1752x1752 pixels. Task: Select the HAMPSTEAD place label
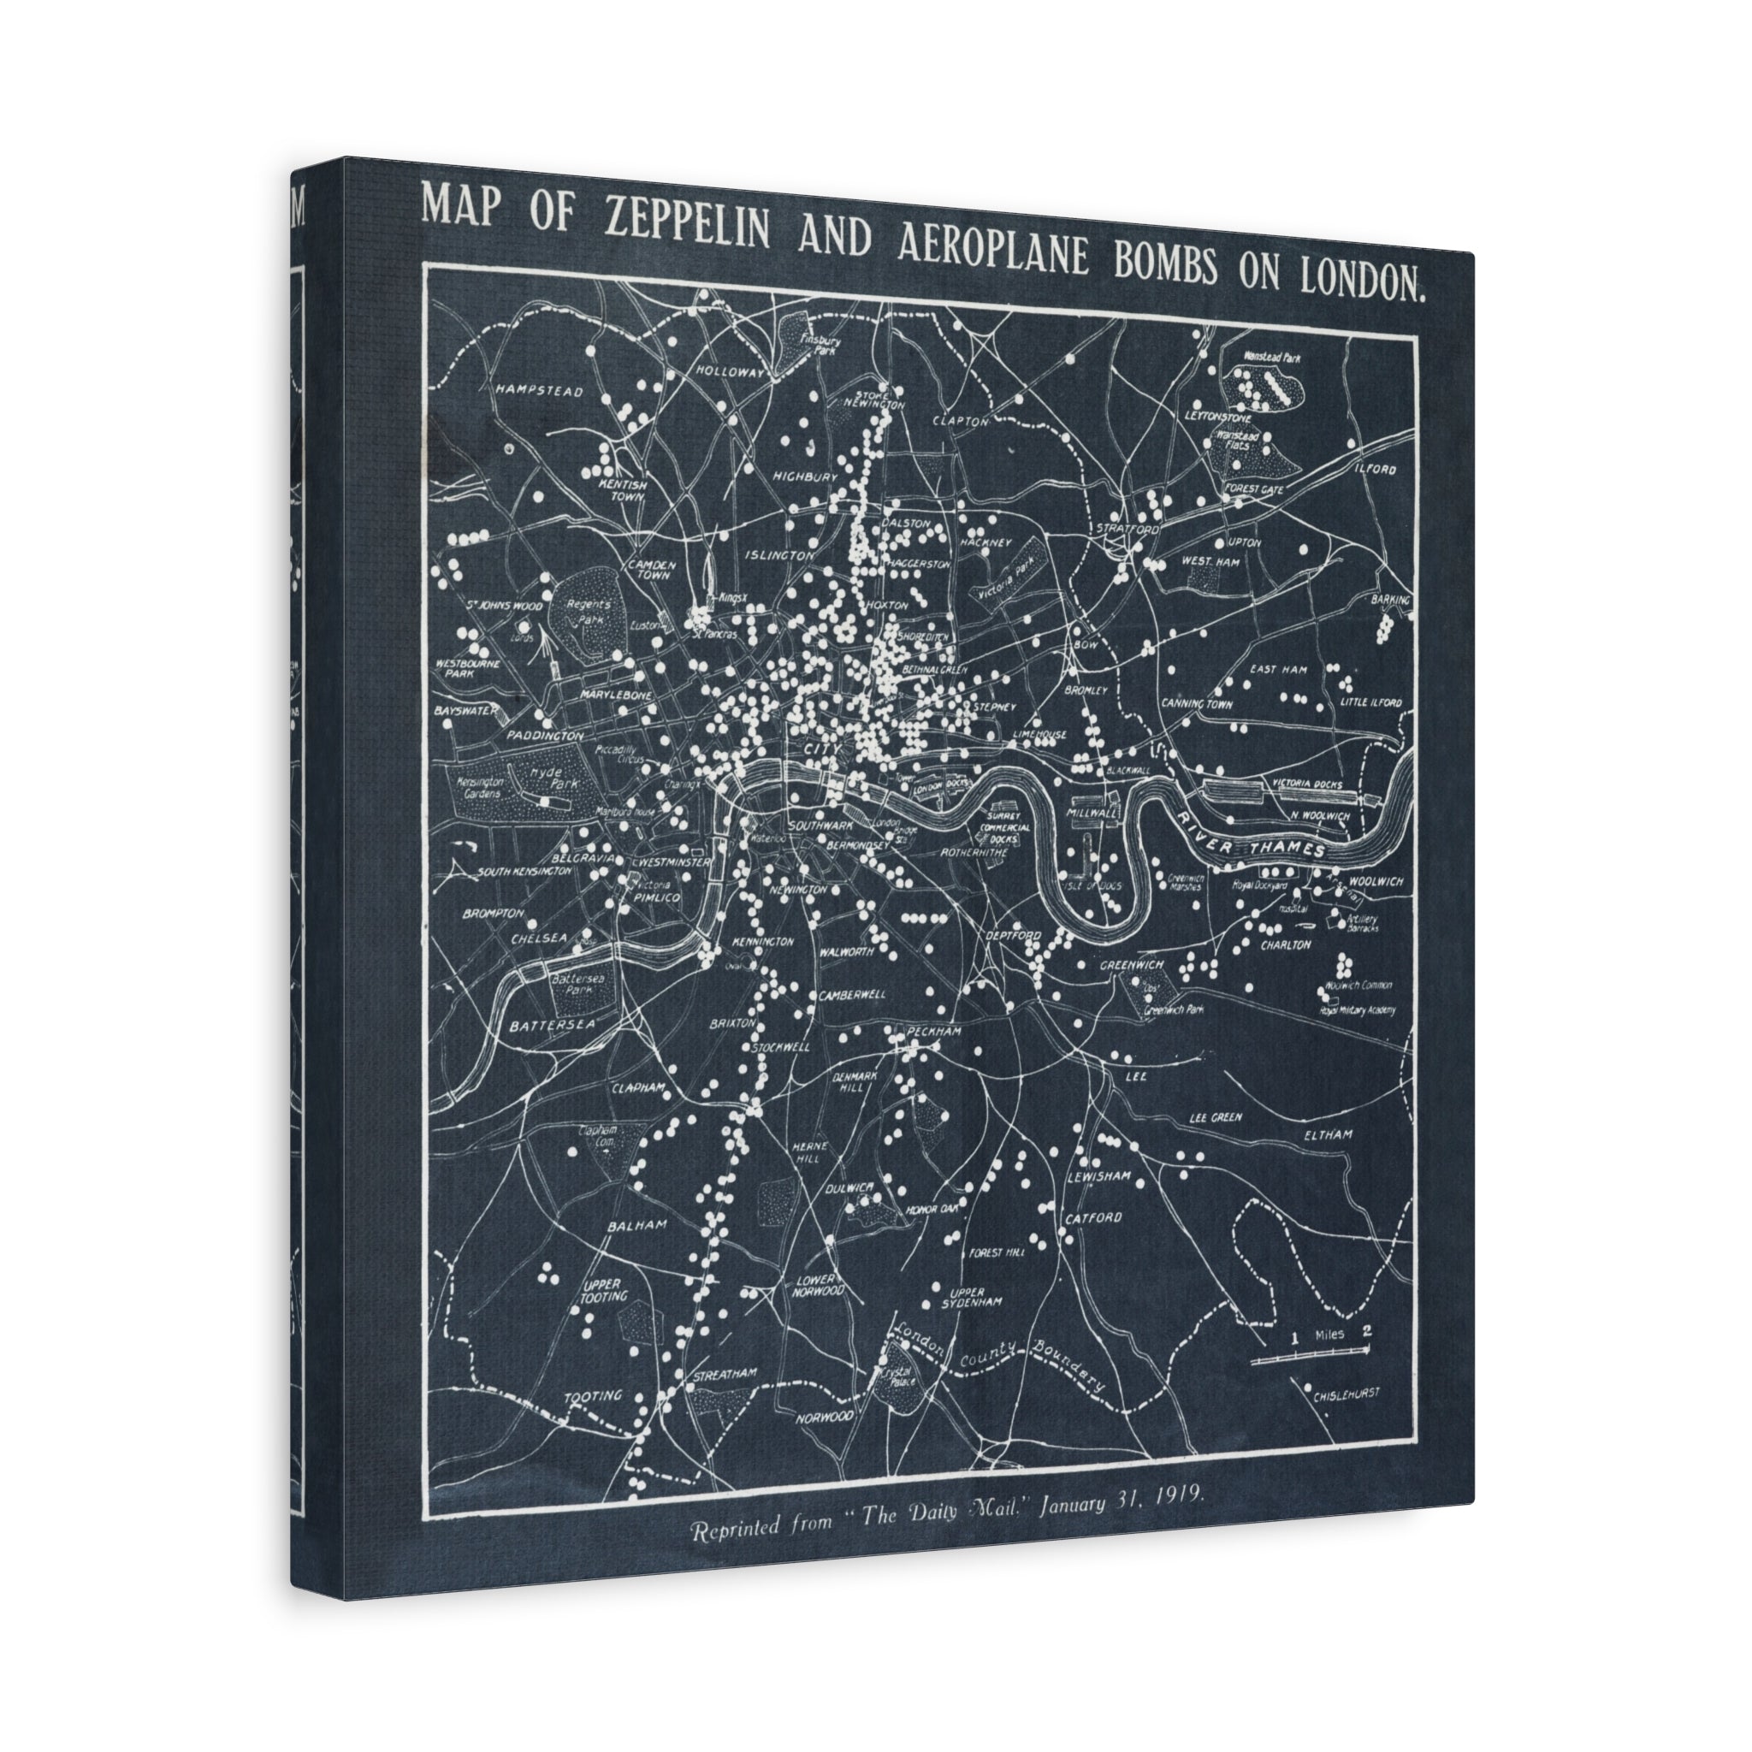[539, 391]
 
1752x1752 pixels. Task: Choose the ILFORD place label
[1376, 469]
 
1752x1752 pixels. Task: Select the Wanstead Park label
[1272, 358]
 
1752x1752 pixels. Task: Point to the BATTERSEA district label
[553, 1025]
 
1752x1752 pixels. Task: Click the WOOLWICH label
[1376, 880]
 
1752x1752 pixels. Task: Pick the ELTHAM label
[1328, 1134]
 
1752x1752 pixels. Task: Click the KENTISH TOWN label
[623, 490]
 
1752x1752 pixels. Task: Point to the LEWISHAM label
[1100, 1177]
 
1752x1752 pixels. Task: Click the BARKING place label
[1391, 601]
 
